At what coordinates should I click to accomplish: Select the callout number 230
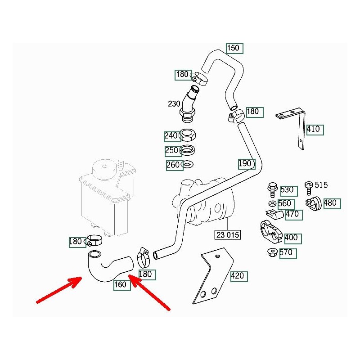(x=174, y=103)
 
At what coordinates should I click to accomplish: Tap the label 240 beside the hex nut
(x=171, y=135)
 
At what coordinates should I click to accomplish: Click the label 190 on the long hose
(x=246, y=164)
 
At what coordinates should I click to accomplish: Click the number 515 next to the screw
(x=321, y=185)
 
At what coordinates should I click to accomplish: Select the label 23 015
(x=227, y=235)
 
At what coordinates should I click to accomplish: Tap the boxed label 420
(x=238, y=275)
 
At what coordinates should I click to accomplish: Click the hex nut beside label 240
(x=187, y=135)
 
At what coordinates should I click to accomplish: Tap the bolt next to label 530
(x=272, y=189)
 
